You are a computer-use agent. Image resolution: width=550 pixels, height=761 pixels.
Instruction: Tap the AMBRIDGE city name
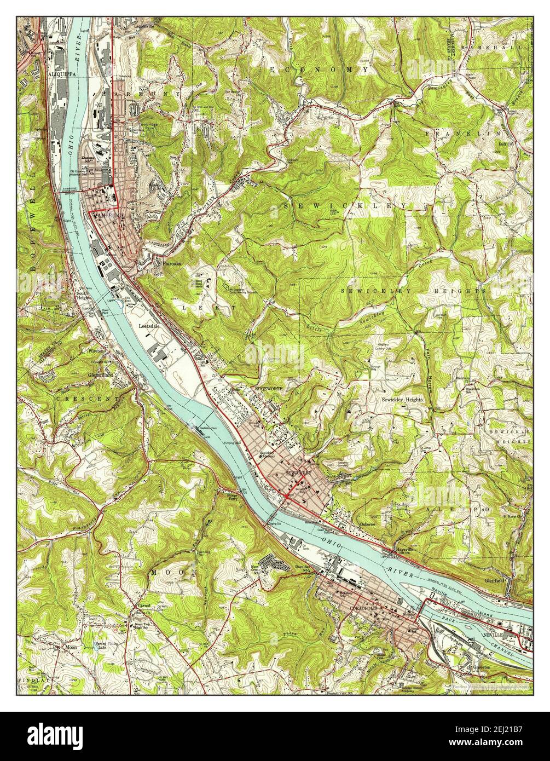pos(109,217)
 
